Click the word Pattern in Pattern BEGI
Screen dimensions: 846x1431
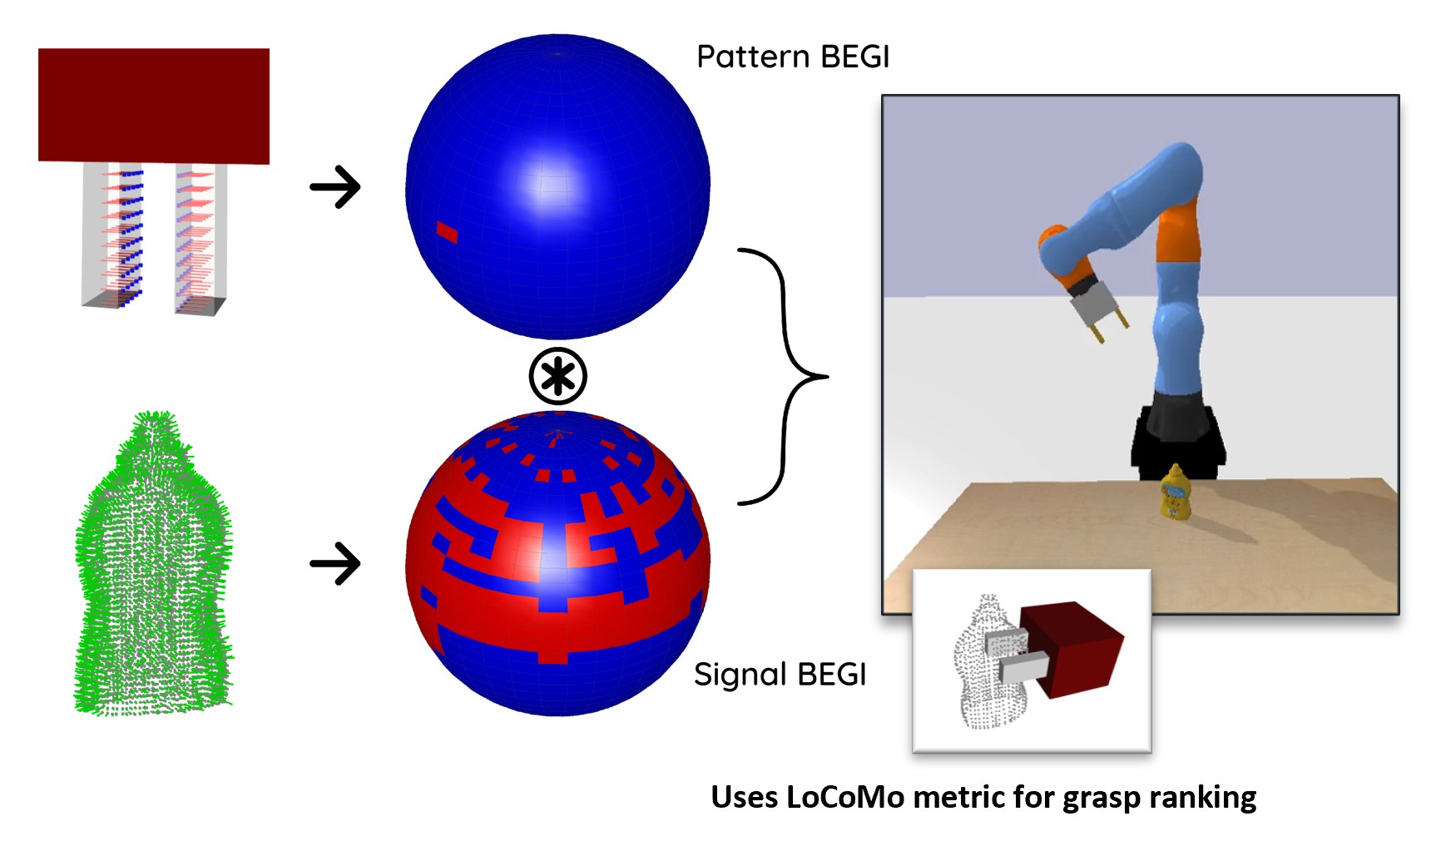point(753,57)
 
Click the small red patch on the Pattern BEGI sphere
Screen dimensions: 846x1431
point(447,232)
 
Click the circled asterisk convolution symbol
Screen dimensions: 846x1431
point(557,377)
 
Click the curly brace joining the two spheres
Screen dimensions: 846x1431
point(782,376)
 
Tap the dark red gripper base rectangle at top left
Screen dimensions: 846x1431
point(154,105)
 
